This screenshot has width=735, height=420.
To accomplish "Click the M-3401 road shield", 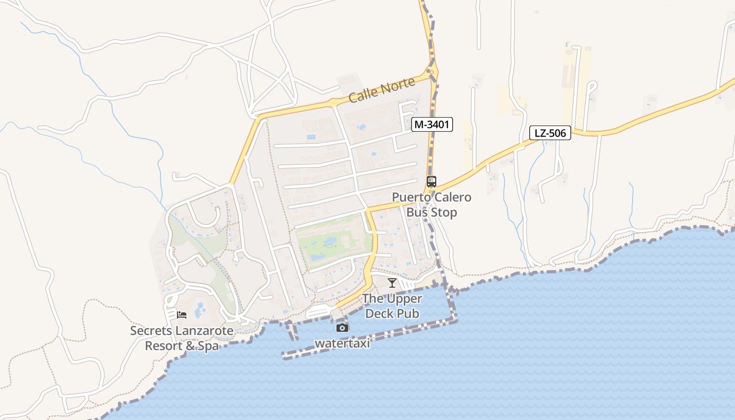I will pyautogui.click(x=432, y=124).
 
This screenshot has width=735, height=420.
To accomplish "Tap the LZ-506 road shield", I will pyautogui.click(x=550, y=133).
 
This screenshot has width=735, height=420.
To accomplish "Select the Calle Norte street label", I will pyautogui.click(x=382, y=90).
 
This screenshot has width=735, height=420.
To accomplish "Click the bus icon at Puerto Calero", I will pyautogui.click(x=432, y=182).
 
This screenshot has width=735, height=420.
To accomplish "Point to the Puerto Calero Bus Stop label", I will pyautogui.click(x=432, y=205).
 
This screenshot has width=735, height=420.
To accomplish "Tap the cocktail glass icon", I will pyautogui.click(x=392, y=283).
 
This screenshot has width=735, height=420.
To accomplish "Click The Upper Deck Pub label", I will pyautogui.click(x=392, y=306).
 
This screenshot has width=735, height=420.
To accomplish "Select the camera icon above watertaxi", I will pyautogui.click(x=342, y=328).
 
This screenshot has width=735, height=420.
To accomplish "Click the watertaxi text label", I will pyautogui.click(x=342, y=343).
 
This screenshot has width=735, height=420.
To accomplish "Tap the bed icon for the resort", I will pyautogui.click(x=182, y=315).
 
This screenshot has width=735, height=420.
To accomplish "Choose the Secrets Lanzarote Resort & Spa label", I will pyautogui.click(x=182, y=339).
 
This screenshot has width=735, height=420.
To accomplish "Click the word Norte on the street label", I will pyautogui.click(x=398, y=86).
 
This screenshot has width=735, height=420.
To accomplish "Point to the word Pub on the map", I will pyautogui.click(x=409, y=313).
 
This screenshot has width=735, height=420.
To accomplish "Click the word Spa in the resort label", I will pyautogui.click(x=208, y=346).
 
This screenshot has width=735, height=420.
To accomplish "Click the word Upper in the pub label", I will pyautogui.click(x=404, y=299).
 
